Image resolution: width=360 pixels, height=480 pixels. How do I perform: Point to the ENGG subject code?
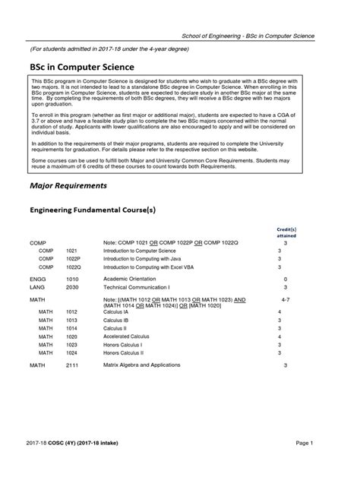pyautogui.click(x=38, y=279)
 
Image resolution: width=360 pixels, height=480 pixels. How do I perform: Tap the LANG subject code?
pyautogui.click(x=38, y=288)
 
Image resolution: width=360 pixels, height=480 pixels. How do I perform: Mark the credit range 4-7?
pyautogui.click(x=285, y=301)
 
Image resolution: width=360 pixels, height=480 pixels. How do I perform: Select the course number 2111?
pyautogui.click(x=72, y=365)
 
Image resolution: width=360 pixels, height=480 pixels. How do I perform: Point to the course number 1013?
pyautogui.click(x=72, y=320)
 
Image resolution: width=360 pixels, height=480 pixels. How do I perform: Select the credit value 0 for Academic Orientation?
pyautogui.click(x=285, y=279)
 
